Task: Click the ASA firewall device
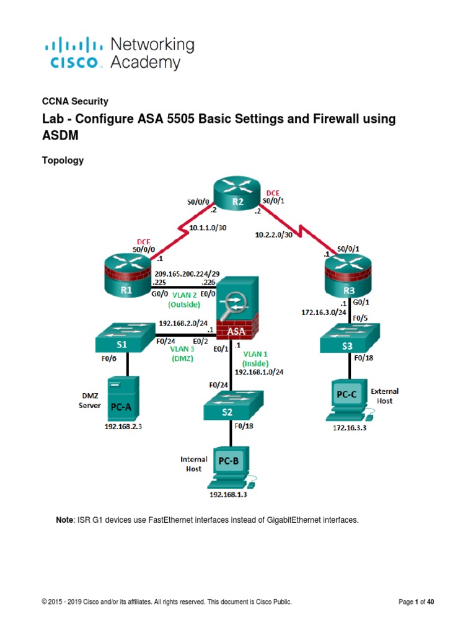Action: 237,311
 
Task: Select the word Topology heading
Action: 63,160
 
